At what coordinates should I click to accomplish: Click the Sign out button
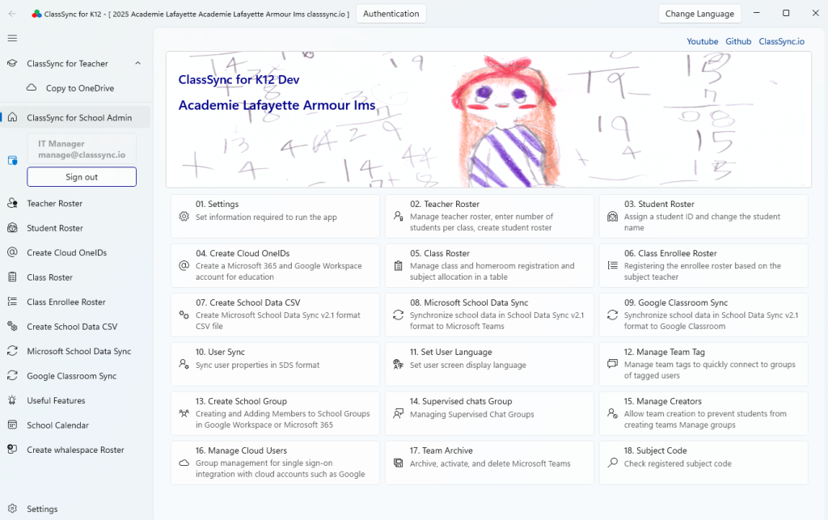click(x=82, y=177)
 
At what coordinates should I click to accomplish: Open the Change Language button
click(x=699, y=14)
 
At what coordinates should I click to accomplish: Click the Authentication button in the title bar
click(x=391, y=14)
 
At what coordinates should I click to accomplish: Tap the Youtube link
click(x=703, y=41)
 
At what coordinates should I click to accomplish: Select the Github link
click(x=738, y=41)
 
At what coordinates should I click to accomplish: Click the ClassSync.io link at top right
click(x=782, y=41)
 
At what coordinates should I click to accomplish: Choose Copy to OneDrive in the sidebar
click(x=80, y=88)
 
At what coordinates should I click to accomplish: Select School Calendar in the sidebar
click(x=57, y=425)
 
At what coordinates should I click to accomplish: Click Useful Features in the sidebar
click(x=56, y=400)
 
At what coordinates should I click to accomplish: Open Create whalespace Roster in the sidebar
click(x=75, y=450)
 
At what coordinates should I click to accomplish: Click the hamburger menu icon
click(x=12, y=38)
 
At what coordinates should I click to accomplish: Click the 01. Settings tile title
click(x=217, y=205)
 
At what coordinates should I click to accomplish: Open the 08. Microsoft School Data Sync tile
click(x=489, y=315)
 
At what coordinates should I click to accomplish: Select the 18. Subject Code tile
click(x=703, y=463)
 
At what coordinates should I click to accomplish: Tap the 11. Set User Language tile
click(x=489, y=364)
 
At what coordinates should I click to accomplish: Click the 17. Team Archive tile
click(x=489, y=463)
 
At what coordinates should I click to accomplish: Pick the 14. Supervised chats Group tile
click(x=489, y=414)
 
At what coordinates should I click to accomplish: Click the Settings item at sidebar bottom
click(x=42, y=509)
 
